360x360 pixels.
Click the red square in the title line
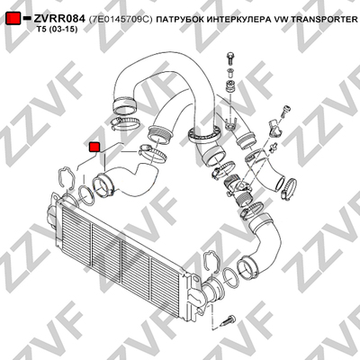coord(13,19)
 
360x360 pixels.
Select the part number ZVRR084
coord(59,19)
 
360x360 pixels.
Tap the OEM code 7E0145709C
coord(121,20)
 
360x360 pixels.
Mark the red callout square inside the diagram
coord(94,147)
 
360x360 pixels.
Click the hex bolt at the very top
coord(230,58)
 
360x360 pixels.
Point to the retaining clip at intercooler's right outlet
coord(212,261)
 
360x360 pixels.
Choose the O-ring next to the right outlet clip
coord(231,277)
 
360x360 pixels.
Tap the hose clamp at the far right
coord(289,187)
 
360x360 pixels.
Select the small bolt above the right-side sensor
coord(284,111)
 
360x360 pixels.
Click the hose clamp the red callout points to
coord(152,153)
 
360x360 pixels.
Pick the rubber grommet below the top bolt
coord(230,85)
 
